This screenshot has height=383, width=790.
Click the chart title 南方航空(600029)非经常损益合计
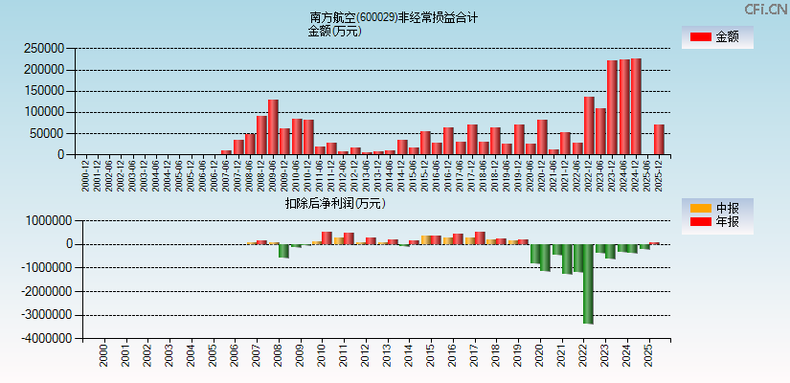[x=394, y=17]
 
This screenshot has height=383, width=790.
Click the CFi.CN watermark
[x=766, y=9]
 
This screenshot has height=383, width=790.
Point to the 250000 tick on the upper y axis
[x=44, y=49]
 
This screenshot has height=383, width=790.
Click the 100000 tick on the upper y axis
[x=44, y=112]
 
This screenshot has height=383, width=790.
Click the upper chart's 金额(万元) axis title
[x=334, y=31]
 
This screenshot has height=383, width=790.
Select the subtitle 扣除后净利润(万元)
[x=334, y=203]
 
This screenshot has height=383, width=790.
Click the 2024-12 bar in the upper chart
[x=636, y=106]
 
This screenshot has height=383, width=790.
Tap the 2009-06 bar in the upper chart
[x=273, y=126]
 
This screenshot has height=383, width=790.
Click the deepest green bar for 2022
[x=588, y=283]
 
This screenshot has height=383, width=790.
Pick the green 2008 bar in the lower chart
[x=283, y=251]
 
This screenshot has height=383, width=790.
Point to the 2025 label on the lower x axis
[x=648, y=357]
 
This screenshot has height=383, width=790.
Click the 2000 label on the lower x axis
[x=103, y=357]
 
